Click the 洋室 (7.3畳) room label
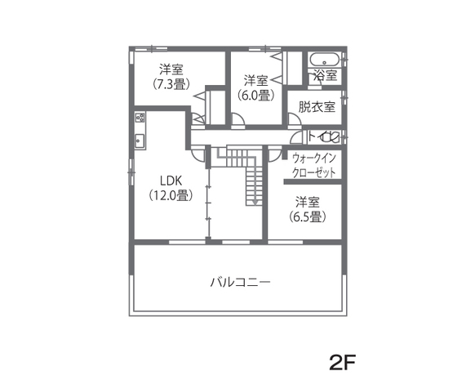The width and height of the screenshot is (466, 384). (x=171, y=76)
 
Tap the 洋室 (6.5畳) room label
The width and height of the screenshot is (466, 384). (x=307, y=209)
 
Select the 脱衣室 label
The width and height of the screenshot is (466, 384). (x=317, y=106)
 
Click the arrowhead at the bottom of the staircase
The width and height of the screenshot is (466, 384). (x=254, y=201)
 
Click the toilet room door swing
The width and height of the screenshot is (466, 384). (x=311, y=137)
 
